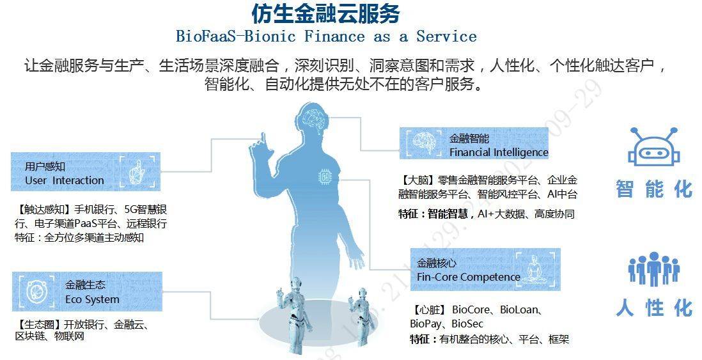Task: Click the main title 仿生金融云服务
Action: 325,13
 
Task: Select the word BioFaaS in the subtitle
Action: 205,36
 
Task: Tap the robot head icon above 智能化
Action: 653,146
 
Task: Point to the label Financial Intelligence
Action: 499,152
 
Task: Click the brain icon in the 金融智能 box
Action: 424,143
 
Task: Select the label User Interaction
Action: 65,180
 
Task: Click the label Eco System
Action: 92,299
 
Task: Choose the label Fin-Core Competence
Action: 468,277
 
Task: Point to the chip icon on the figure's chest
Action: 324,177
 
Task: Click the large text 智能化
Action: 654,189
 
